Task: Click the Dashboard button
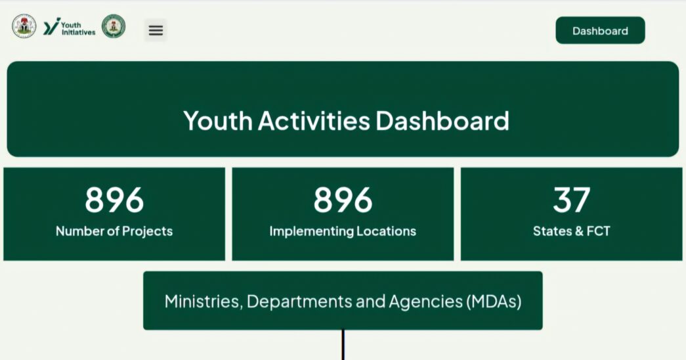(x=600, y=30)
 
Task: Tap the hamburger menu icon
(x=156, y=30)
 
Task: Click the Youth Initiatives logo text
(x=78, y=29)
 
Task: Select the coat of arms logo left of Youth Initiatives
(x=24, y=26)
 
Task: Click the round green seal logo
(x=114, y=26)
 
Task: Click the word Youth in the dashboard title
(x=218, y=121)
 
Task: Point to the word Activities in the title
(x=314, y=121)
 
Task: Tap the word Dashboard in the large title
(x=442, y=121)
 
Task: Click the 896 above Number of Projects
(x=114, y=200)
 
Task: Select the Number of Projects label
(x=114, y=231)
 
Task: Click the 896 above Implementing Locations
(x=343, y=200)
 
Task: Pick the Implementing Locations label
(x=343, y=231)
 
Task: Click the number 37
(x=572, y=200)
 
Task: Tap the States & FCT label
(x=571, y=231)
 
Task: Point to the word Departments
(x=299, y=302)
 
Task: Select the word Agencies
(x=425, y=302)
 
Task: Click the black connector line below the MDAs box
(x=343, y=345)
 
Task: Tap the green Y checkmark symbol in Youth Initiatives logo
(x=51, y=26)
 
